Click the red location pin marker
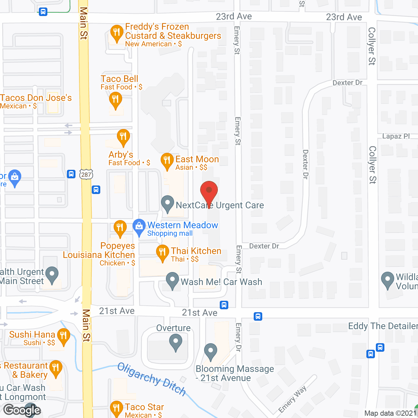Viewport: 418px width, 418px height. click(x=209, y=191)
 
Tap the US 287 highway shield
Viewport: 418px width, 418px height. click(x=86, y=174)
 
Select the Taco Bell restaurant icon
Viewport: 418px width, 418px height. click(x=115, y=99)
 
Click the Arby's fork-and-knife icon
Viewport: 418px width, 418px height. click(x=123, y=136)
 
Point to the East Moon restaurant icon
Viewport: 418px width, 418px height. click(x=167, y=160)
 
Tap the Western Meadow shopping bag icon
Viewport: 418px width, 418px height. click(x=139, y=226)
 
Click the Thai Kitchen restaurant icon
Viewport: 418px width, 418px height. click(x=162, y=252)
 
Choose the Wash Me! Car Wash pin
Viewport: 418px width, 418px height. click(x=172, y=280)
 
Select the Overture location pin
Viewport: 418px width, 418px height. click(x=176, y=343)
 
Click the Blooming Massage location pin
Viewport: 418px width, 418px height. click(x=211, y=351)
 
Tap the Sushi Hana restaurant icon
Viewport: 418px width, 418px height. click(x=63, y=336)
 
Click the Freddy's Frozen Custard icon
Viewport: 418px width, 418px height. click(x=117, y=33)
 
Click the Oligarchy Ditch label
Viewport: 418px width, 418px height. click(x=152, y=379)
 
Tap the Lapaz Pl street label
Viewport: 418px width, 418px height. click(x=396, y=136)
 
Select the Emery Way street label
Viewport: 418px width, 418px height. click(x=293, y=399)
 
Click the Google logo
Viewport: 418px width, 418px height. click(x=22, y=410)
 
